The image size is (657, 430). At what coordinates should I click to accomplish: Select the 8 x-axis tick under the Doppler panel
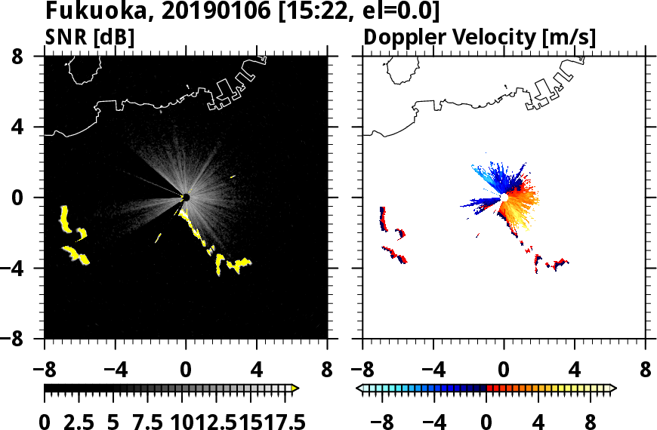646,372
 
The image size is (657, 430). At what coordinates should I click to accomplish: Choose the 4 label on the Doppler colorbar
540,421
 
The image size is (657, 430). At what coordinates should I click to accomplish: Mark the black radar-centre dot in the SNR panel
186,197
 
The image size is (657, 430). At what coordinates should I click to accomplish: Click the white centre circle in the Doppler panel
503,197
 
